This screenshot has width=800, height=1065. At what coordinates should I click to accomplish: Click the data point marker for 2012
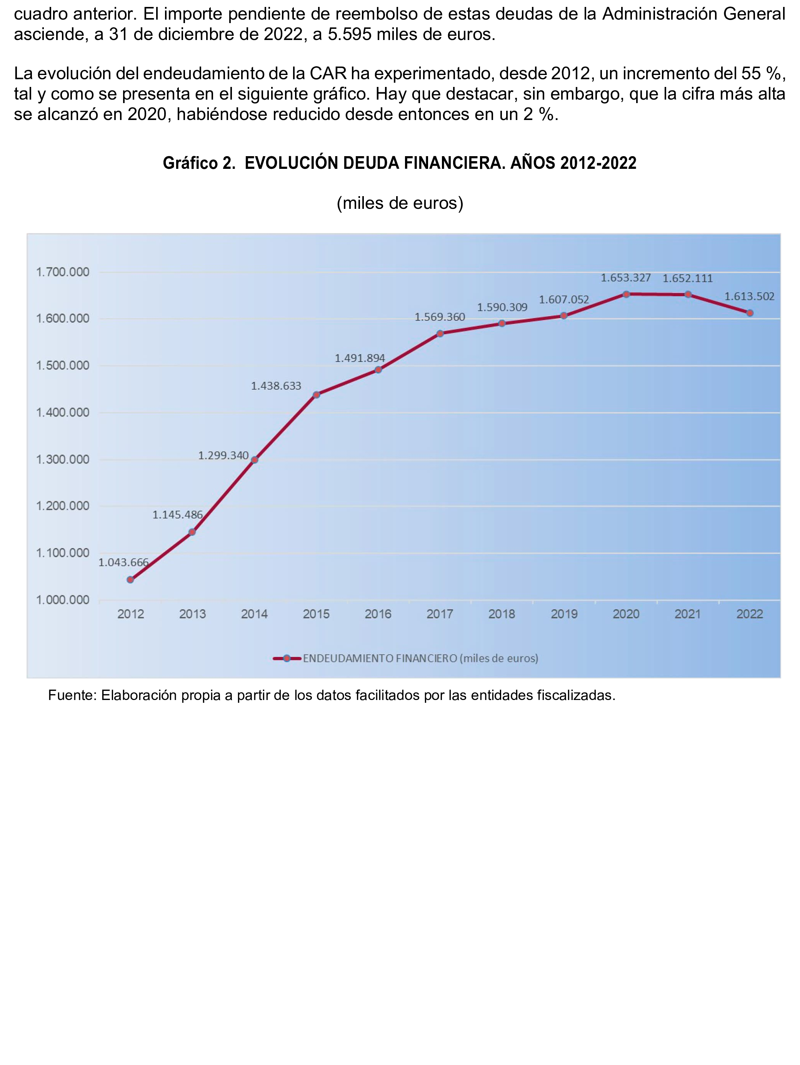tap(130, 580)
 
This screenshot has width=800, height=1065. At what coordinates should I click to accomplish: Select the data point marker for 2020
tap(626, 294)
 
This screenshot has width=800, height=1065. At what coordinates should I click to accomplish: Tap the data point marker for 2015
tap(316, 395)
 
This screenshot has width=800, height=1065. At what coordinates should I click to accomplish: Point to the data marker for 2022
tap(750, 313)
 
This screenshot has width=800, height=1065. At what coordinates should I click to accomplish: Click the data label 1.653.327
tap(625, 278)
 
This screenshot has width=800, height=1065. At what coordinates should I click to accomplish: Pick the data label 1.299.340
tap(223, 455)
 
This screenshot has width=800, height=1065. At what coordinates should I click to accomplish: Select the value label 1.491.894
tap(360, 358)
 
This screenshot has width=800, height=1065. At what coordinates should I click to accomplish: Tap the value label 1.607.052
tap(564, 300)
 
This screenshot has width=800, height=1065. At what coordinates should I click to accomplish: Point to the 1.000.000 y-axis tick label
tap(63, 600)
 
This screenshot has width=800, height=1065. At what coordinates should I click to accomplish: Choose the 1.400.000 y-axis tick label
tap(63, 413)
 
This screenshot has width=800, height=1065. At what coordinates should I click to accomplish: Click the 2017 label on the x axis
tap(440, 614)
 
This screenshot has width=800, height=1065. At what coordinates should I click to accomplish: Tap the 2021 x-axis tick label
tap(687, 614)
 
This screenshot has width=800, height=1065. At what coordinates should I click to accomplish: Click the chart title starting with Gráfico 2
tap(400, 163)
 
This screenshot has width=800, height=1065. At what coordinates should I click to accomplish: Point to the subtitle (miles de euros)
tap(400, 203)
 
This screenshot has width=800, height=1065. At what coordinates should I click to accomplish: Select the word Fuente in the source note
tap(71, 695)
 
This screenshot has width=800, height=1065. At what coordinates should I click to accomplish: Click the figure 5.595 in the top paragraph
tap(350, 35)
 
